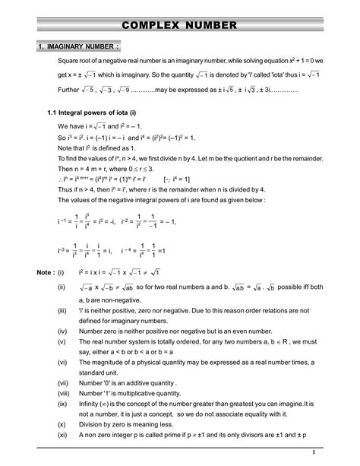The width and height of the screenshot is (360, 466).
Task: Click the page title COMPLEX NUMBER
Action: pyautogui.click(x=180, y=25)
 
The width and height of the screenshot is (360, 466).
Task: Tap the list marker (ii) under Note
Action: pyautogui.click(x=62, y=289)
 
